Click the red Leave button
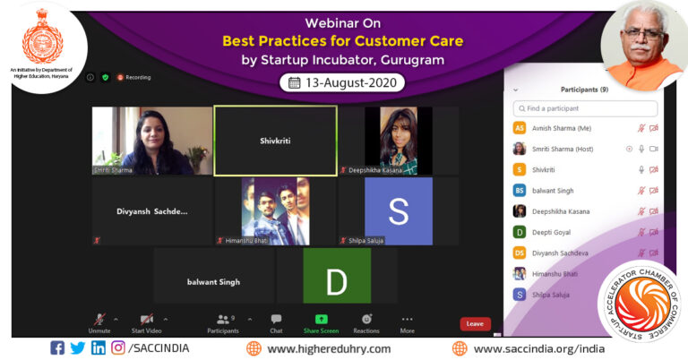point(475,323)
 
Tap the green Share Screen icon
point(321,320)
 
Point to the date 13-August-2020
point(342,82)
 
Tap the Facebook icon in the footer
point(57,348)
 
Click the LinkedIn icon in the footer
point(98,348)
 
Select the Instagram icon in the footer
point(117,348)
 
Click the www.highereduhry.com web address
point(329,348)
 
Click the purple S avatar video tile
point(398,211)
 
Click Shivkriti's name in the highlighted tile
point(275,141)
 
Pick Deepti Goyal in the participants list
point(550,232)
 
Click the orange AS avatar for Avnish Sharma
point(519,128)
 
